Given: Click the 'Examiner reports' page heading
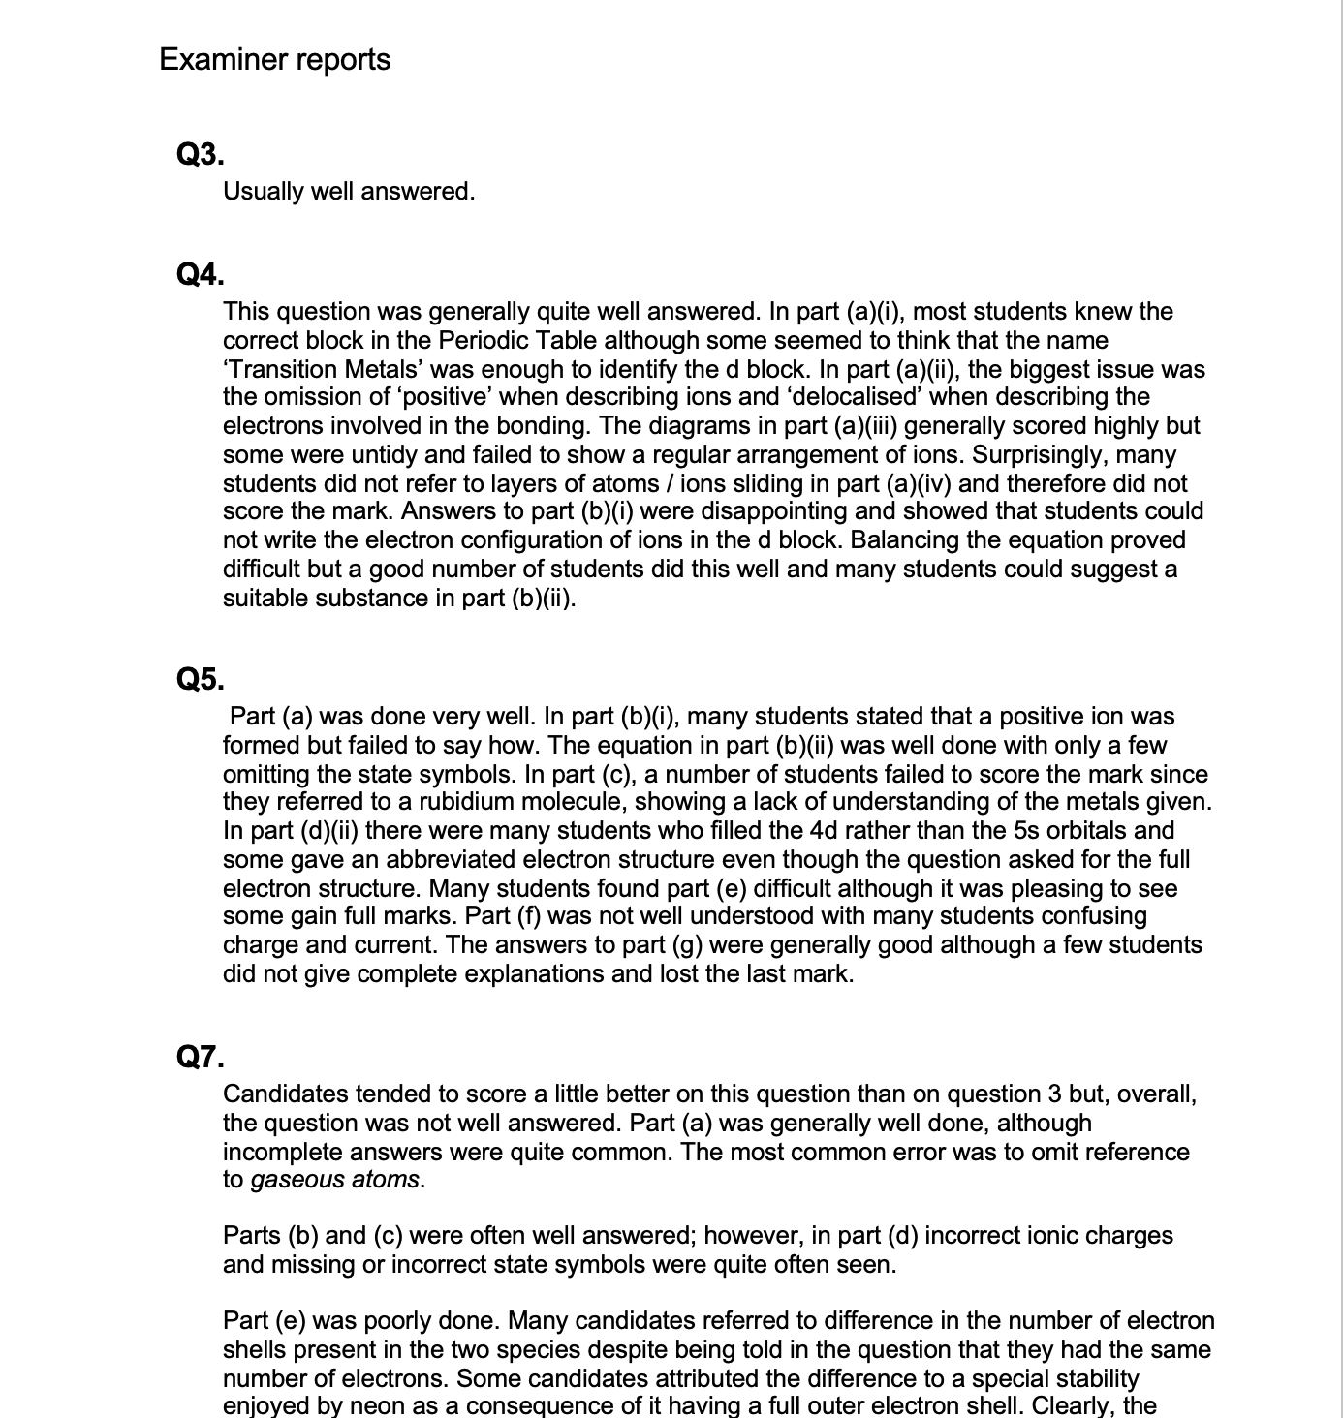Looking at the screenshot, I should point(274,59).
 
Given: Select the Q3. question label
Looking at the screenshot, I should point(201,154).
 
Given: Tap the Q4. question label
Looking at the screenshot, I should point(201,275).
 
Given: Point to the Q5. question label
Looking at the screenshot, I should point(201,679).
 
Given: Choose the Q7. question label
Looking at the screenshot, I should point(201,1057).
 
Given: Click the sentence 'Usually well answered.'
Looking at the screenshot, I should point(349,192).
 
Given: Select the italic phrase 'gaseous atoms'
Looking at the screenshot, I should point(335,1180).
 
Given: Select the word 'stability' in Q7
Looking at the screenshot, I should point(1091,1378).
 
